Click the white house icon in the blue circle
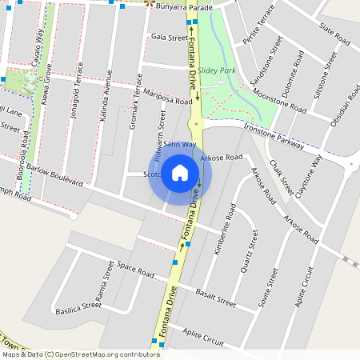click(x=180, y=173)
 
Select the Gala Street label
click(x=169, y=37)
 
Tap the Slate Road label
click(x=334, y=34)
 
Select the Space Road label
click(x=134, y=269)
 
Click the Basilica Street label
click(x=78, y=306)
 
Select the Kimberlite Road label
click(x=222, y=229)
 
